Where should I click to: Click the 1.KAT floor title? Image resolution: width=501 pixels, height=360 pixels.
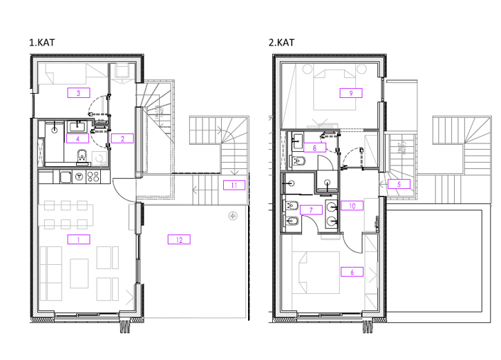[42, 43]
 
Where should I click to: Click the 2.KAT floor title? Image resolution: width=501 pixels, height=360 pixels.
[281, 43]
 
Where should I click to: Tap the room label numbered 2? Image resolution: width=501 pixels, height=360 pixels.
[123, 138]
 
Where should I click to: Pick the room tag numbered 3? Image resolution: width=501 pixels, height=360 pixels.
[78, 92]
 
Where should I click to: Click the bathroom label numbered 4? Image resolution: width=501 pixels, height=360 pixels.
[77, 138]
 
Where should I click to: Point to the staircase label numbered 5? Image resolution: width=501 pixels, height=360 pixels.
[399, 184]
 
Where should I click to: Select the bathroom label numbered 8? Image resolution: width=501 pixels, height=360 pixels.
[316, 148]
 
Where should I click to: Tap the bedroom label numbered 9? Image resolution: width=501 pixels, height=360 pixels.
[351, 92]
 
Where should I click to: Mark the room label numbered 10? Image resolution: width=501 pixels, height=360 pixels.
[352, 206]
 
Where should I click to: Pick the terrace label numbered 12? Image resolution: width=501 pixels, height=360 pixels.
[178, 239]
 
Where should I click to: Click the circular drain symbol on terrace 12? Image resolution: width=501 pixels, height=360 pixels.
[232, 215]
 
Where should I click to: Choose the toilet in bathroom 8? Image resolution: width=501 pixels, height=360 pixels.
[300, 164]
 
